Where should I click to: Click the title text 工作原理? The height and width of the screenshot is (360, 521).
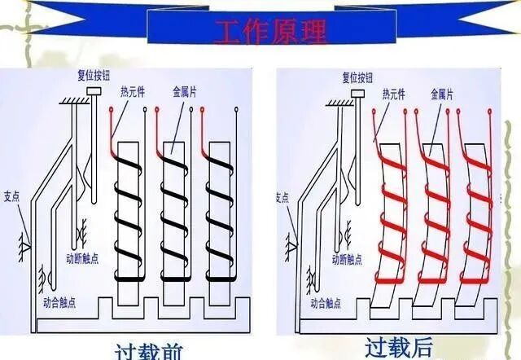pyautogui.click(x=270, y=31)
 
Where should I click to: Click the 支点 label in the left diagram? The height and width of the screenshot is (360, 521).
pyautogui.click(x=11, y=195)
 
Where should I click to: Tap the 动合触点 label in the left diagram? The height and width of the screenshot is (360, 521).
pyautogui.click(x=62, y=301)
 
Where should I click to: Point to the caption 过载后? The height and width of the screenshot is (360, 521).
pyautogui.click(x=399, y=349)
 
